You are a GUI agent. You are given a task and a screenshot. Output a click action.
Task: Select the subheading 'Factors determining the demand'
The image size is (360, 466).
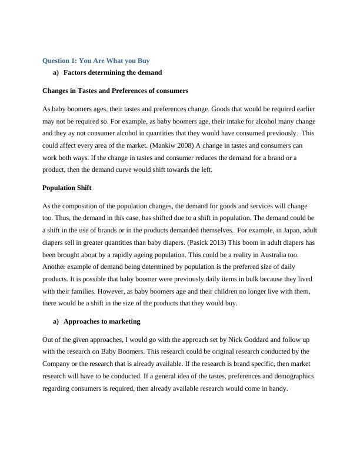click(x=112, y=72)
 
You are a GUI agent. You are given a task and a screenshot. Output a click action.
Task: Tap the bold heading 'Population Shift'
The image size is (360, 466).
click(x=66, y=188)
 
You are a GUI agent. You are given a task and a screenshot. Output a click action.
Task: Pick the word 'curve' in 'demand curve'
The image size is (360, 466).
click(x=151, y=170)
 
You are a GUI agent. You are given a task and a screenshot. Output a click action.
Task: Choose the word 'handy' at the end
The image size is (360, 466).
click(x=277, y=389)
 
